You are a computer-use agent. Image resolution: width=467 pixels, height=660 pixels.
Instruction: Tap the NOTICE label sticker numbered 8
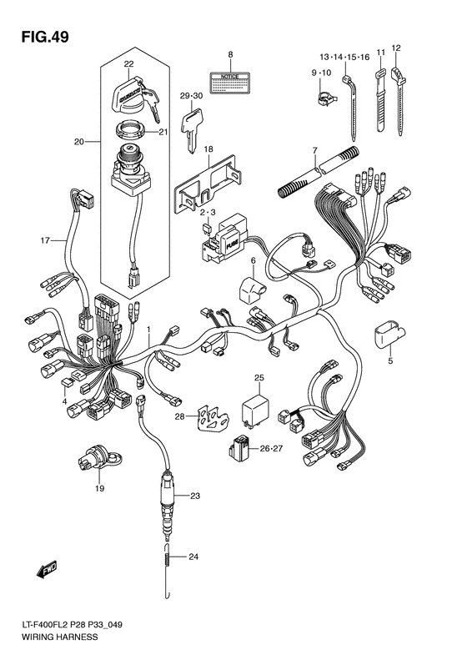[230, 82]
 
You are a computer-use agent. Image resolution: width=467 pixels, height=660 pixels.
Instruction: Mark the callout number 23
[195, 496]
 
